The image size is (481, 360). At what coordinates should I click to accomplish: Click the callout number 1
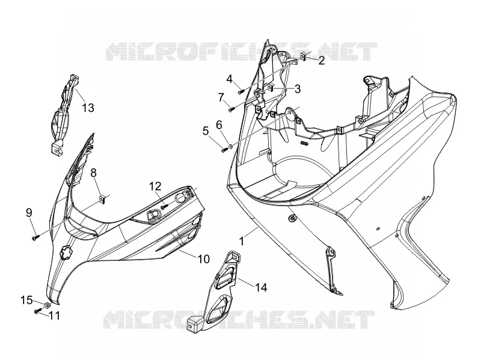(x=242, y=241)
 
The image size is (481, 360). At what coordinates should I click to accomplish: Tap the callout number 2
(x=321, y=61)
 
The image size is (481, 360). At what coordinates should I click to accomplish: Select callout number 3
(x=297, y=88)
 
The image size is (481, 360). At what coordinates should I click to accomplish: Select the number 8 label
(x=93, y=172)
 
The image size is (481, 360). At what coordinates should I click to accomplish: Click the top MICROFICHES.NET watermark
(x=241, y=51)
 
